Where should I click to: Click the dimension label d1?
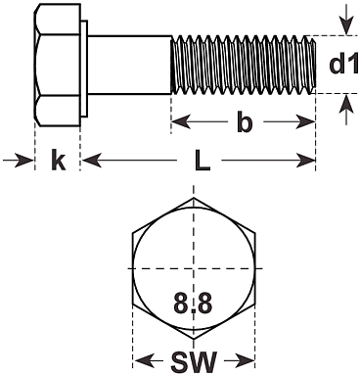[x=343, y=65]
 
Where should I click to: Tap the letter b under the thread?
[x=245, y=122]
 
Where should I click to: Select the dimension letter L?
[x=202, y=160]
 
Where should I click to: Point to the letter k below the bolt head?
[x=59, y=160]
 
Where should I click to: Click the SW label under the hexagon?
[x=194, y=361]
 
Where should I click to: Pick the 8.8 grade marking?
[x=193, y=303]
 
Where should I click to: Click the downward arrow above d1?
[x=346, y=18]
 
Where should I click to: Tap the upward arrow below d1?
[x=346, y=110]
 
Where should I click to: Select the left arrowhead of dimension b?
[x=181, y=122]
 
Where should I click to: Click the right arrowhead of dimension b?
[x=305, y=122]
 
